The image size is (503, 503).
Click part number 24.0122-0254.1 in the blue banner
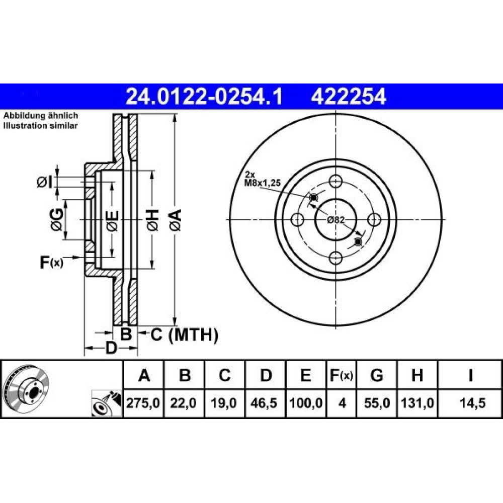[x=204, y=97]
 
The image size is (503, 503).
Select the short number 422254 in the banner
[x=349, y=97]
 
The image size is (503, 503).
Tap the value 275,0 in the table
[x=143, y=403]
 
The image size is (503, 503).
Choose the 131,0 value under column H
[x=417, y=403]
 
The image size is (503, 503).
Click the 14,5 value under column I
[x=472, y=403]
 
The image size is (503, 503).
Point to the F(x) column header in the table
[x=342, y=375]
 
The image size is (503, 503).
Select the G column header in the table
[x=377, y=375]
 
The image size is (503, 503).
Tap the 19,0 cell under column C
[x=224, y=403]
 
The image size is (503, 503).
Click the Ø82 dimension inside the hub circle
[x=336, y=220]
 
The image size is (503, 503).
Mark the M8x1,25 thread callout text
[x=263, y=183]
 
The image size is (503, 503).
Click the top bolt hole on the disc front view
[x=336, y=181]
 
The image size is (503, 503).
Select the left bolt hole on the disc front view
[x=298, y=220]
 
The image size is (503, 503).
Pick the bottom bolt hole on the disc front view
[x=336, y=258]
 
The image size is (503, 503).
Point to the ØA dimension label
[x=176, y=220]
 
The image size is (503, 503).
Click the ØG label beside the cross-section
[x=57, y=219]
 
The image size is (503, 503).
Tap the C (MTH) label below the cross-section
[x=185, y=335]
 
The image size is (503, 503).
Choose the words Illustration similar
[x=40, y=126]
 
